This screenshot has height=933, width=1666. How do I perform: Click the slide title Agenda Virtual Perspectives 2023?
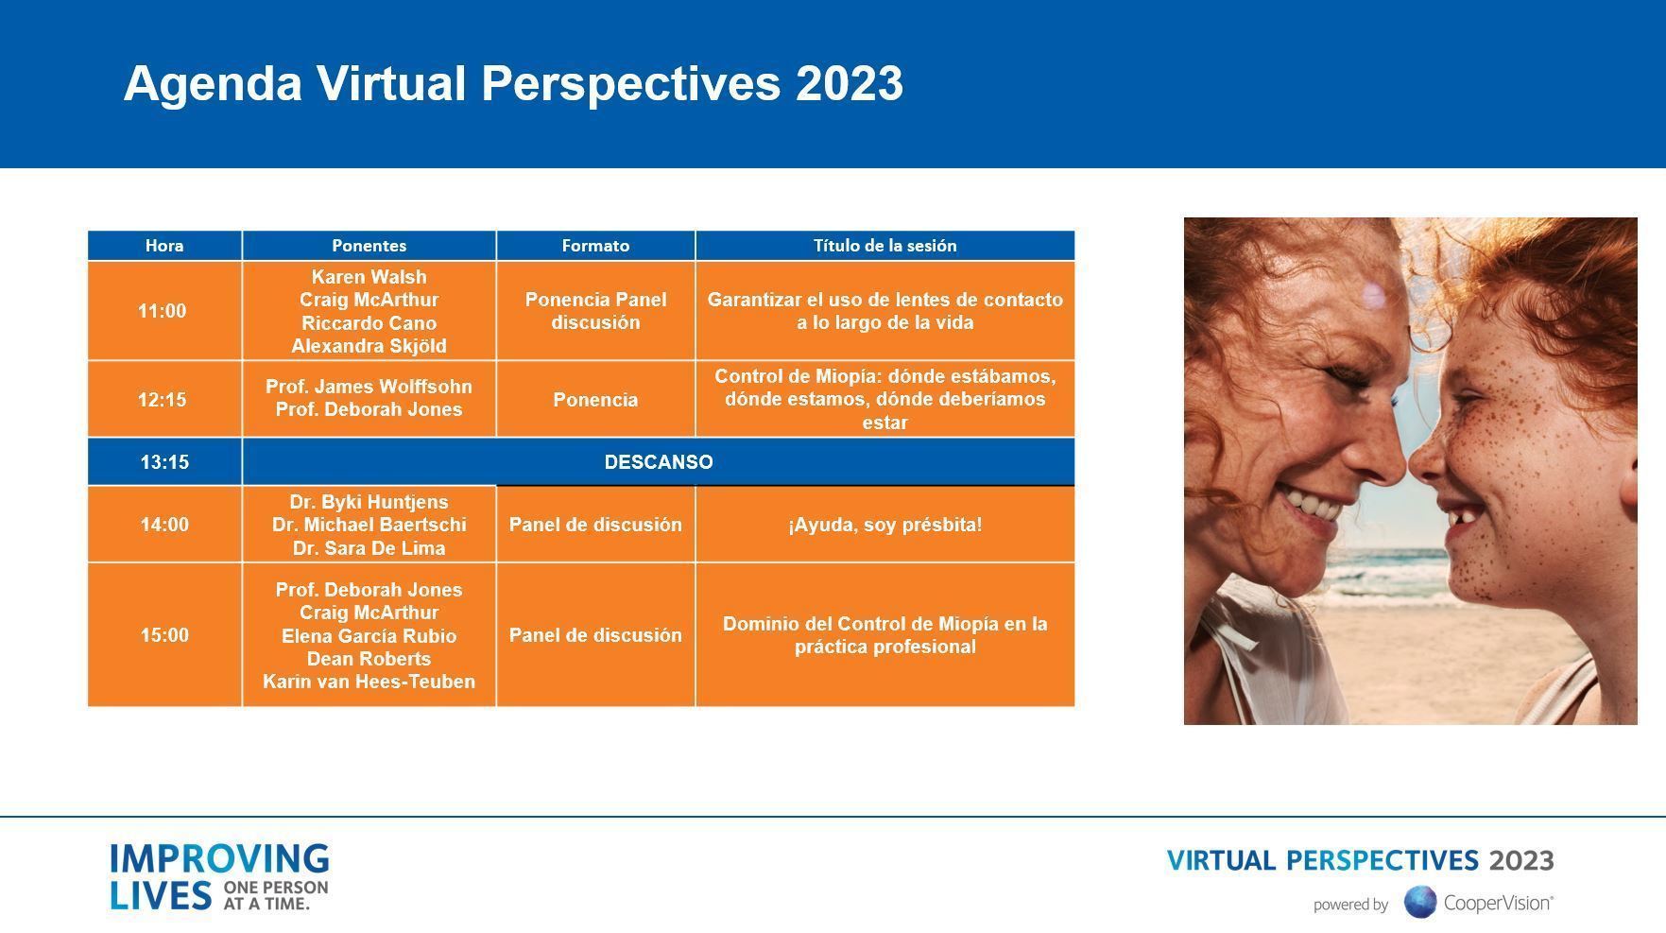pos(513,84)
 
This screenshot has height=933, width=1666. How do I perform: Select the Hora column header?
pos(164,246)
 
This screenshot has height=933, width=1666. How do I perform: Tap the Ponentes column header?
pos(369,246)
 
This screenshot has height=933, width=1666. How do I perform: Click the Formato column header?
pos(595,246)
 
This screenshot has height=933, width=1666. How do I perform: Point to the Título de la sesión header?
pos(885,246)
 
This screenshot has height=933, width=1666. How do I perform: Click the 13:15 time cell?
pos(164,462)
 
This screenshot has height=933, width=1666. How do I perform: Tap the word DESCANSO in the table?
pos(659,462)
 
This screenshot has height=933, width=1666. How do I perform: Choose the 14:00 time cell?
pos(164,525)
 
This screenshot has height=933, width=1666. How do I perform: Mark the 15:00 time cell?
pos(164,635)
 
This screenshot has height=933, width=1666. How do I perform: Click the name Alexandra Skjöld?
pos(369,346)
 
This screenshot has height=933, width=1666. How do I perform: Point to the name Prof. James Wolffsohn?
pos(369,387)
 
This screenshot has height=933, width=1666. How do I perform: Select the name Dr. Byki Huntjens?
pos(369,502)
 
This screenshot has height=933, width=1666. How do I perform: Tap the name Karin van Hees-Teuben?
pos(369,682)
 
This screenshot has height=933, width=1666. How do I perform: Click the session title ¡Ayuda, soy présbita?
pos(885,525)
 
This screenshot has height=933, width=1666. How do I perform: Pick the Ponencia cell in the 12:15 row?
pos(595,399)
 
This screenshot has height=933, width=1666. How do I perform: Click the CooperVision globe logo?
pos(1420,902)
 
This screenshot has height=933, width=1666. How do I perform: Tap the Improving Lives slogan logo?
pos(219,877)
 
